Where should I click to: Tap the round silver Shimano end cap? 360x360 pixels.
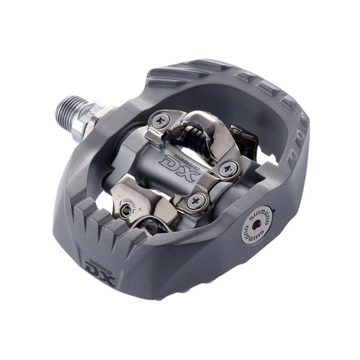(x=256, y=224)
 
